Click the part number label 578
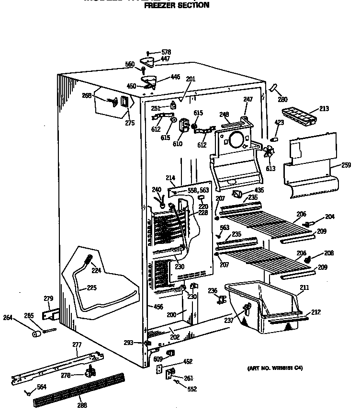pos(166,52)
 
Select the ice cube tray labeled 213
pos(298,115)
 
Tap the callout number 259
pos(346,165)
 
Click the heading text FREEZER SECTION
pos(177,5)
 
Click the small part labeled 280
pos(273,88)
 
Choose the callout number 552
pos(191,389)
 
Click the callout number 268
pos(87,95)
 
